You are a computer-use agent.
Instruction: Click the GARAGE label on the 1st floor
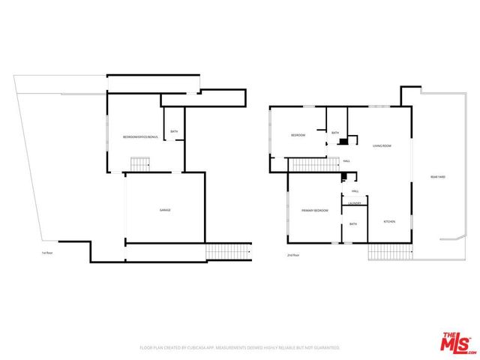pos(164,210)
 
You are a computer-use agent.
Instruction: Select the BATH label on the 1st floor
pos(174,132)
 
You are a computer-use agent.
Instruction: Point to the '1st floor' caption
pos(47,253)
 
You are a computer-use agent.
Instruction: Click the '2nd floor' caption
pos(293,255)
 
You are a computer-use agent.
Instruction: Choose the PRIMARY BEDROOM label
pos(315,211)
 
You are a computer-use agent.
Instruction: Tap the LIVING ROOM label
pos(382,145)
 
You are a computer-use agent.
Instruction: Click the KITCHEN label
pos(390,221)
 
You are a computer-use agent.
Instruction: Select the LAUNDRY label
pos(355,203)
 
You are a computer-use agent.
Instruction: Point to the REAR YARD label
pos(438,176)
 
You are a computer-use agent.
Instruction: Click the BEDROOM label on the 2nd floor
pos(298,135)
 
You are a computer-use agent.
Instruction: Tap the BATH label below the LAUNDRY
pos(352,223)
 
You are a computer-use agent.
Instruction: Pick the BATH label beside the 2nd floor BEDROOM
pos(335,133)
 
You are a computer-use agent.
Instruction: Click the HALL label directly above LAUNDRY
pos(355,191)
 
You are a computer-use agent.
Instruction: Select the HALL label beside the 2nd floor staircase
pos(346,160)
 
